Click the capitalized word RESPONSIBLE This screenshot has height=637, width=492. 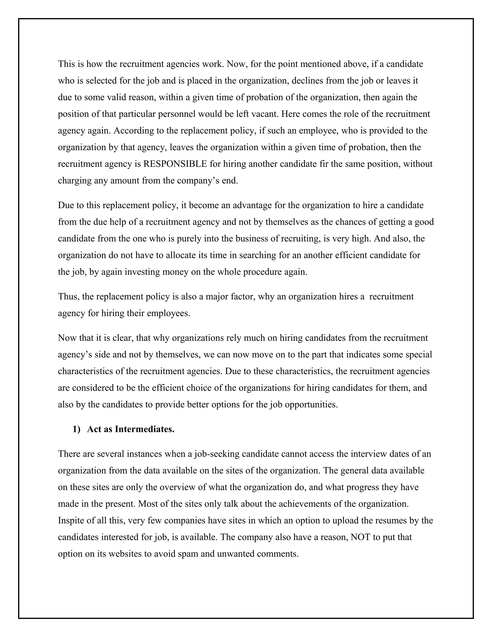(175, 164)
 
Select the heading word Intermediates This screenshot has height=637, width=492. (145, 429)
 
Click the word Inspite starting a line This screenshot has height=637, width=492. (71, 520)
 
